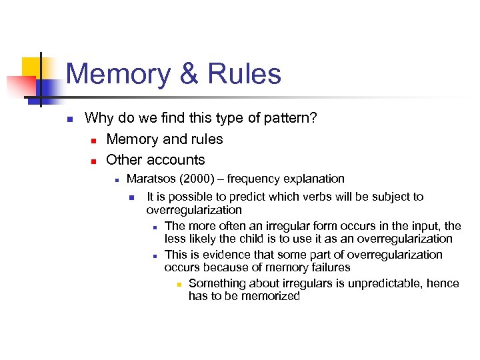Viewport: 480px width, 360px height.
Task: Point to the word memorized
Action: [270, 296]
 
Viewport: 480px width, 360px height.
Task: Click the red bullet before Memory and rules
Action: [94, 141]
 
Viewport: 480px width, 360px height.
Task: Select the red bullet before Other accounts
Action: [94, 161]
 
